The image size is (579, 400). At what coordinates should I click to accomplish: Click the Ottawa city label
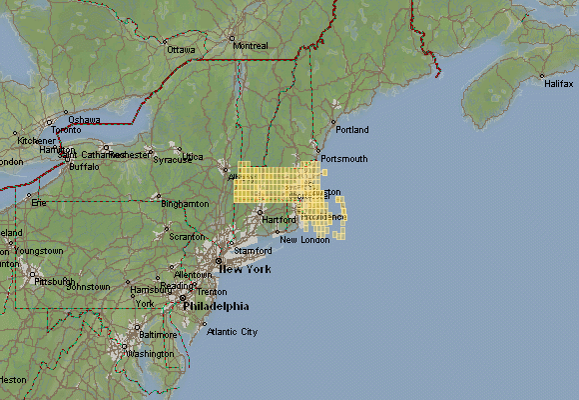pyautogui.click(x=182, y=49)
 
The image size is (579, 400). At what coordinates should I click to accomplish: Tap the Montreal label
pyautogui.click(x=250, y=46)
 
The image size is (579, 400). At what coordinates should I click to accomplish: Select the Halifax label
pyautogui.click(x=559, y=84)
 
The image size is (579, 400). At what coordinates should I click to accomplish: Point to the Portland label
pyautogui.click(x=352, y=130)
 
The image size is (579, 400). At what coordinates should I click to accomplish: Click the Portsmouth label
pyautogui.click(x=343, y=159)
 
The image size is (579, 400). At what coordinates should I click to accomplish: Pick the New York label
pyautogui.click(x=246, y=270)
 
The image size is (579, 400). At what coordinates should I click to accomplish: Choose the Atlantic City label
pyautogui.click(x=233, y=332)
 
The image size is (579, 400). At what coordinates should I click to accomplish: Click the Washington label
pyautogui.click(x=151, y=354)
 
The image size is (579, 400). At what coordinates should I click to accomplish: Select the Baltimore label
pyautogui.click(x=158, y=334)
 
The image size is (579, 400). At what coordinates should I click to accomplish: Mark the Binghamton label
pyautogui.click(x=187, y=204)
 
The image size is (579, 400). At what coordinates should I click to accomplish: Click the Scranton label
pyautogui.click(x=187, y=237)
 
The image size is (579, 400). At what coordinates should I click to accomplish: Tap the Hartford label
pyautogui.click(x=279, y=219)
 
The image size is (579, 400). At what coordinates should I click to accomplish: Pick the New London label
pyautogui.click(x=304, y=240)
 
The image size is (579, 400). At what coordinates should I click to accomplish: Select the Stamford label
pyautogui.click(x=255, y=251)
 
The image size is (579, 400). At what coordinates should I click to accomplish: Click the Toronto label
pyautogui.click(x=66, y=130)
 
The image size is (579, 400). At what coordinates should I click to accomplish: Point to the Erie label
pyautogui.click(x=40, y=203)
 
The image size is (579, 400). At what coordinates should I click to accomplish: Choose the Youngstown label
pyautogui.click(x=39, y=250)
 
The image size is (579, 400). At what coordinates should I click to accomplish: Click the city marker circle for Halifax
pyautogui.click(x=542, y=75)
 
